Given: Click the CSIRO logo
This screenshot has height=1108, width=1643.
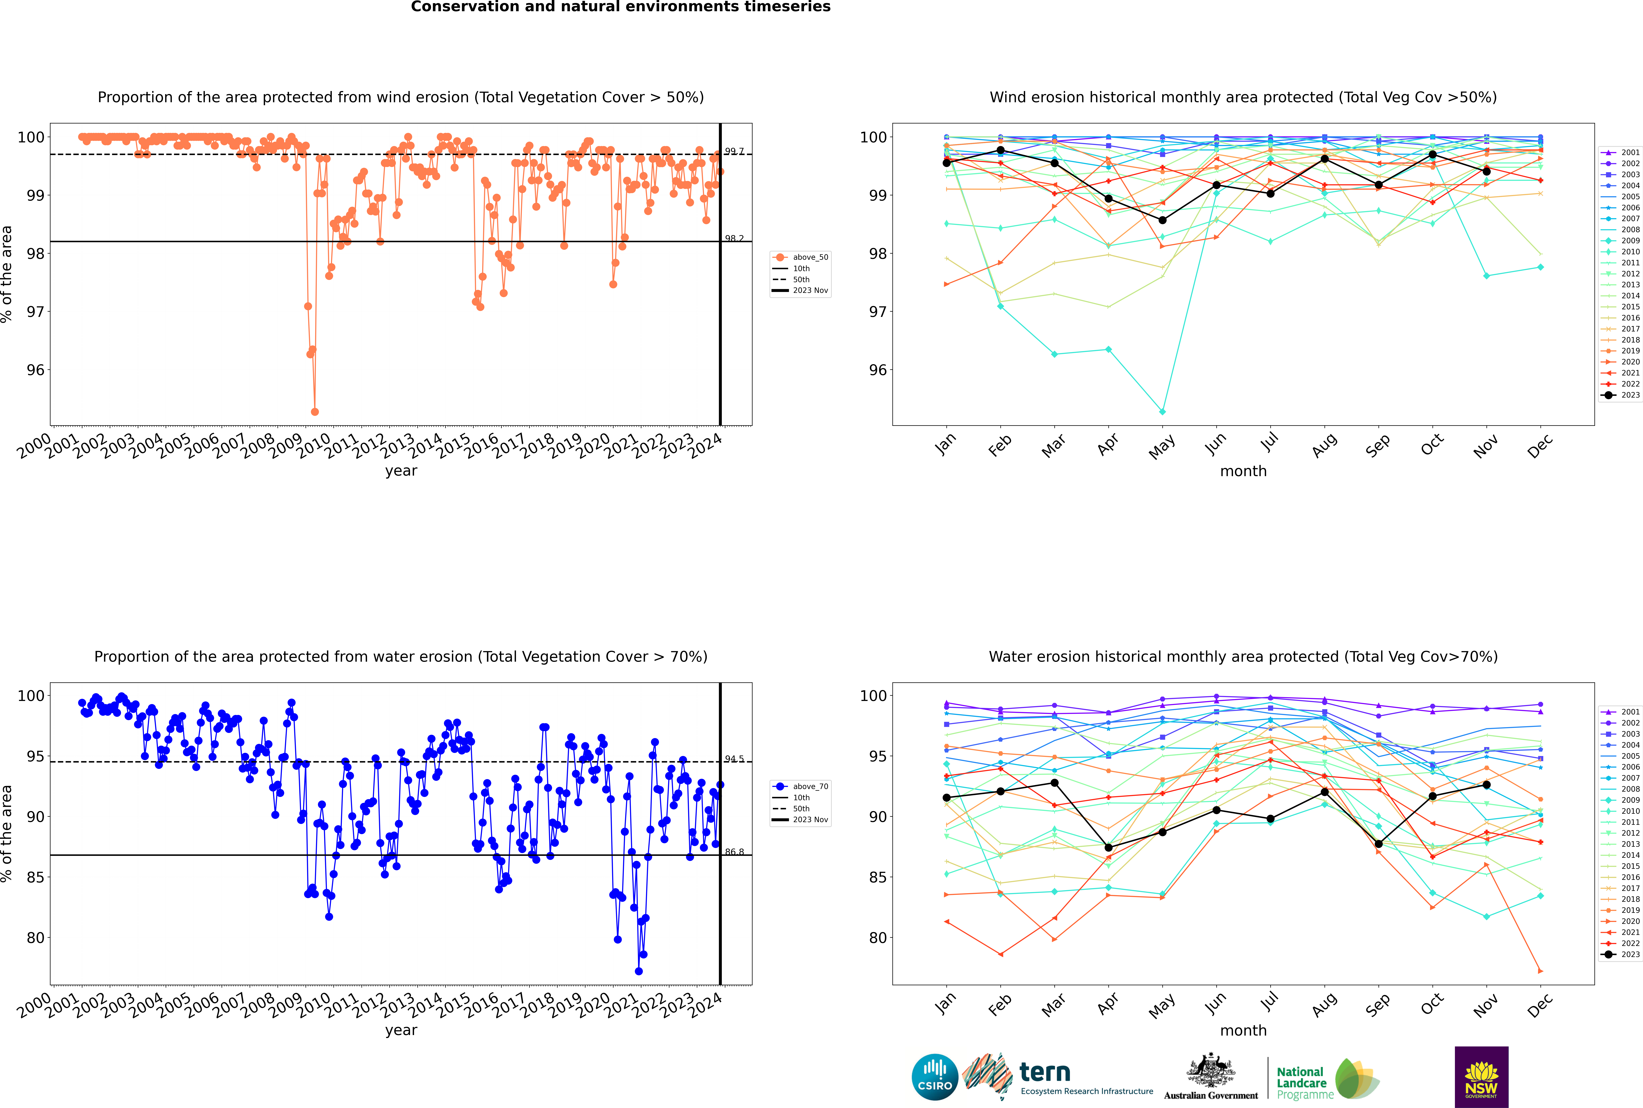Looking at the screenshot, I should point(934,1077).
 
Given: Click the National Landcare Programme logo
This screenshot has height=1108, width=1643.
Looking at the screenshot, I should point(1327,1079).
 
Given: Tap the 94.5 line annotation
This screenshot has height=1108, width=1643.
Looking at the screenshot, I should point(734,759).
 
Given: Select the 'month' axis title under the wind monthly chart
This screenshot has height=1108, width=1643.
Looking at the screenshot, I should point(1243,471).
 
